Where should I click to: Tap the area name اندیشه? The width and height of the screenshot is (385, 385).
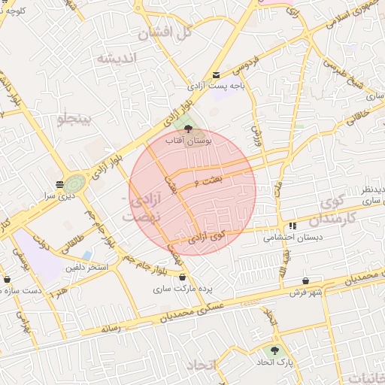pos(115,59)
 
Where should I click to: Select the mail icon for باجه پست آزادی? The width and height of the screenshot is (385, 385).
pos(217,74)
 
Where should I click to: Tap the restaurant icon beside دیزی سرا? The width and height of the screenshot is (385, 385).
pos(59,183)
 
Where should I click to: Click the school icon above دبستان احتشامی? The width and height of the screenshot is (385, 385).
pos(292,225)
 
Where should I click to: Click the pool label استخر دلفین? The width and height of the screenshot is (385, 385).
pos(87,268)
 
